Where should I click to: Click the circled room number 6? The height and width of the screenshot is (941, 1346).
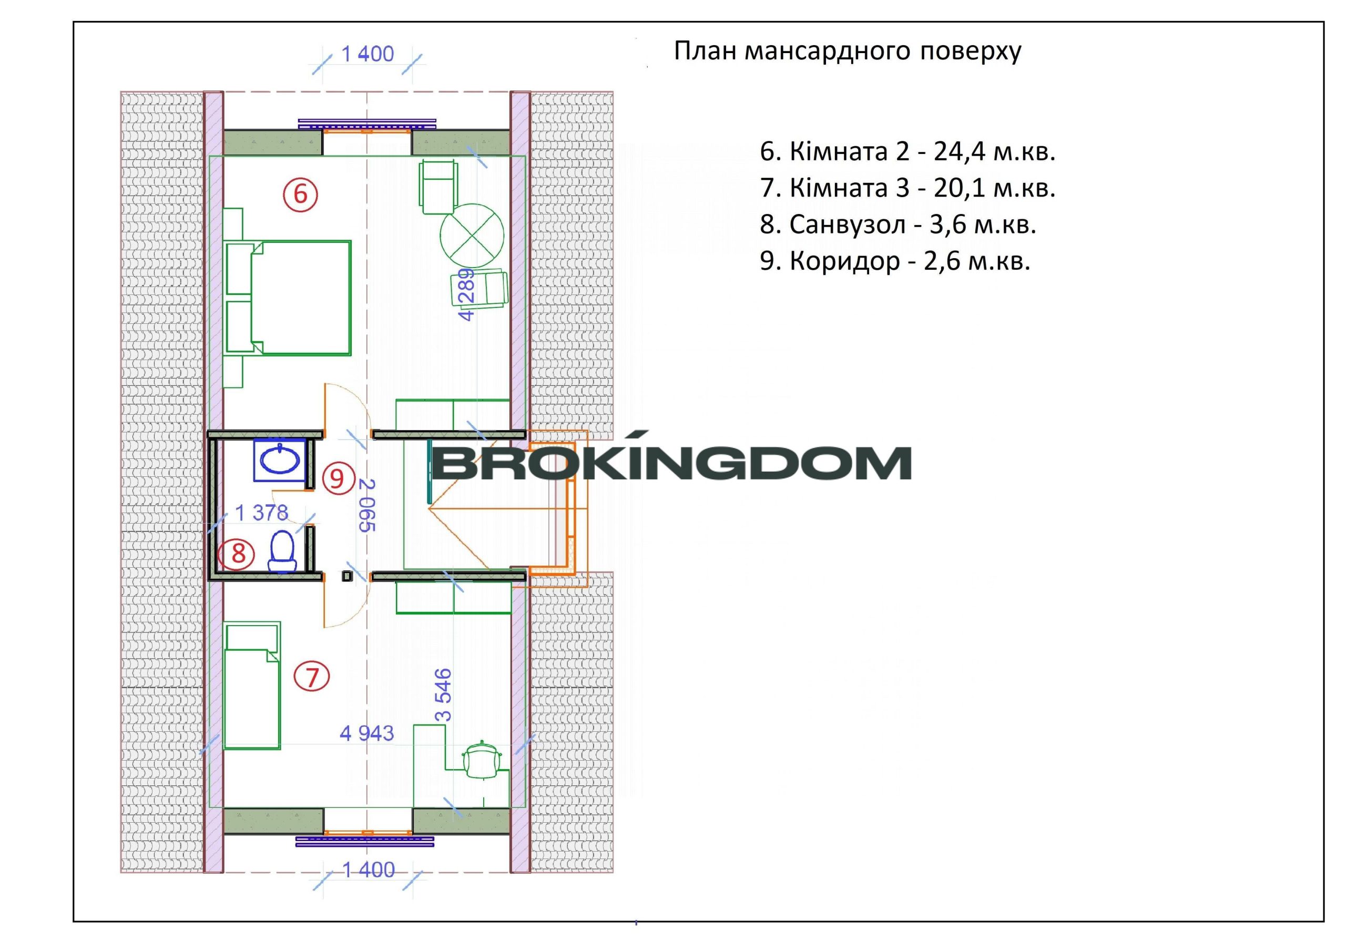[x=300, y=194]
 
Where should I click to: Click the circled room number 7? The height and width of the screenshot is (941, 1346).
[x=312, y=677]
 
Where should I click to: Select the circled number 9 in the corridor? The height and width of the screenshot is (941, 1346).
[x=337, y=478]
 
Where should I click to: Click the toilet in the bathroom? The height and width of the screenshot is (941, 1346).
[x=282, y=551]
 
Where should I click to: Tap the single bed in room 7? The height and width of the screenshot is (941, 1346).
[x=251, y=686]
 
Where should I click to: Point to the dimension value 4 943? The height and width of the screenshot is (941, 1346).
[x=367, y=733]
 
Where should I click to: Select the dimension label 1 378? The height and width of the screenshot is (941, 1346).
[x=261, y=513]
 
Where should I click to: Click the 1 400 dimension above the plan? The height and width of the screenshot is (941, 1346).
[x=368, y=54]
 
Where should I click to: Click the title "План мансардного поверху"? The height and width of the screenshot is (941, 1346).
[x=847, y=51]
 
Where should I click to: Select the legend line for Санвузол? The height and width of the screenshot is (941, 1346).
[x=898, y=224]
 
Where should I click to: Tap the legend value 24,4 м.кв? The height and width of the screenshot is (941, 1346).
[x=994, y=151]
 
